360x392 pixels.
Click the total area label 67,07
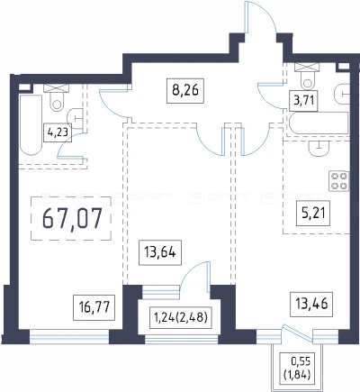click(71, 218)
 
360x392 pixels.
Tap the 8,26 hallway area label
click(185, 91)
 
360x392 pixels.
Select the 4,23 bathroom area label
click(58, 132)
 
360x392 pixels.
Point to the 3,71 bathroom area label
click(303, 100)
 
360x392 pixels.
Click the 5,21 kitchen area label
click(313, 214)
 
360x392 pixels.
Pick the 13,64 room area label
click(160, 252)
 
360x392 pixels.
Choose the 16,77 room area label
click(94, 307)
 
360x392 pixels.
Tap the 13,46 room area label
click(311, 304)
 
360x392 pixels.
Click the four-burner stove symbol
click(339, 181)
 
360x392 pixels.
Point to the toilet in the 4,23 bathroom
click(57, 97)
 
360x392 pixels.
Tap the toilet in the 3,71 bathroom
click(307, 76)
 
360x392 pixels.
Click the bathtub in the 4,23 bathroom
click(31, 125)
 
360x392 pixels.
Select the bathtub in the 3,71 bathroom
click(319, 123)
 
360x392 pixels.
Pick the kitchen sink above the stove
click(319, 148)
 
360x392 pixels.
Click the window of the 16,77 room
click(69, 336)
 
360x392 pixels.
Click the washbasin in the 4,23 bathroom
click(76, 119)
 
